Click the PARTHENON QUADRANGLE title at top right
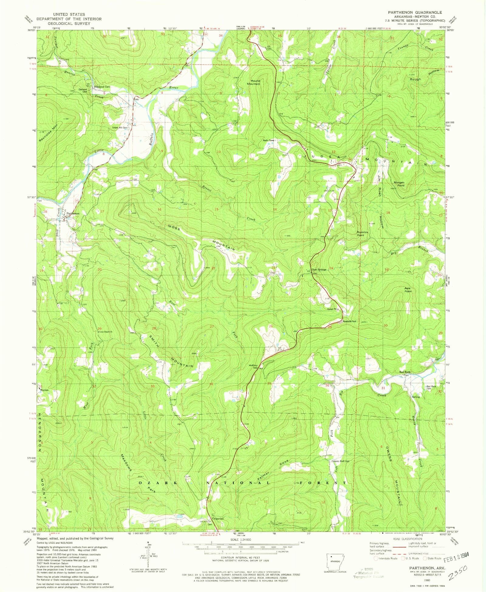[x=415, y=12]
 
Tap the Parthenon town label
[x=73, y=213]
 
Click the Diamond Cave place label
[x=102, y=87]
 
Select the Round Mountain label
[x=255, y=82]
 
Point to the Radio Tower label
[x=269, y=140]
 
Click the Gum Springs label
[x=319, y=269]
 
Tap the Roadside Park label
[x=349, y=321]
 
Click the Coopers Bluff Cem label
[x=340, y=462]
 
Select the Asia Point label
[x=408, y=290]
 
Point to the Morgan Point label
[x=399, y=184]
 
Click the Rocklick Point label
[x=362, y=234]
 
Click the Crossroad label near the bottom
[x=218, y=519]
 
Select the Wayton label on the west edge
[x=44, y=390]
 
